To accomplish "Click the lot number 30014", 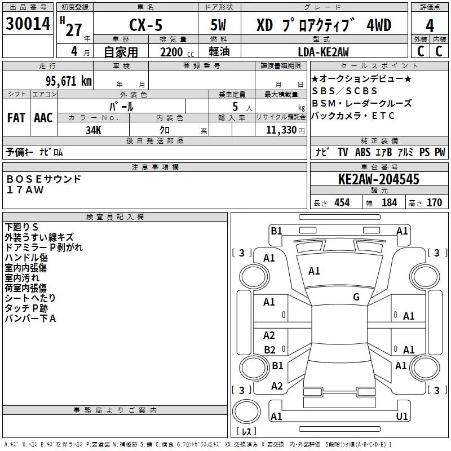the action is (28, 25).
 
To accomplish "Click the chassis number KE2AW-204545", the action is (379, 180).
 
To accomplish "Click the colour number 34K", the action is (94, 130).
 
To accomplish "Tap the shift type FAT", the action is (16, 117).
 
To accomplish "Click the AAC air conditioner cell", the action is (43, 117).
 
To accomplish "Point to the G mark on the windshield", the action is (356, 297).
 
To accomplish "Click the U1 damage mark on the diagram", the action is (402, 416).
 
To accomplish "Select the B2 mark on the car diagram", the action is (269, 350).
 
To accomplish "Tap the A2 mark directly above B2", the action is (269, 335).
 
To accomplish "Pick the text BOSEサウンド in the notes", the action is (44, 179).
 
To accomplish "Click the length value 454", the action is (342, 203).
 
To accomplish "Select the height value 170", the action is (434, 203).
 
